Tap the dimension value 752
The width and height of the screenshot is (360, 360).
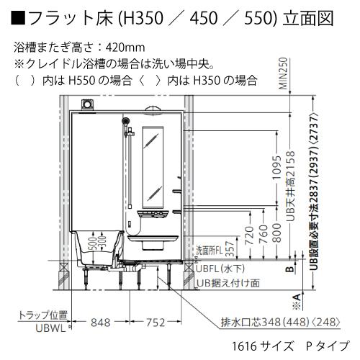point(152,322)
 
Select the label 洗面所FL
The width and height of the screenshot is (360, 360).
point(208,248)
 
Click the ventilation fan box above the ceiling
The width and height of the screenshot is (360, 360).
point(89,105)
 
